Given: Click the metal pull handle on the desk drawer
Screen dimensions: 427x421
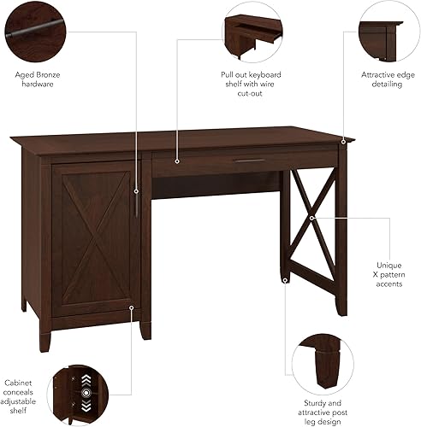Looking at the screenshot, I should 250,159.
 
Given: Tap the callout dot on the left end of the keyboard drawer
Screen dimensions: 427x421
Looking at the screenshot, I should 177,160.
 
